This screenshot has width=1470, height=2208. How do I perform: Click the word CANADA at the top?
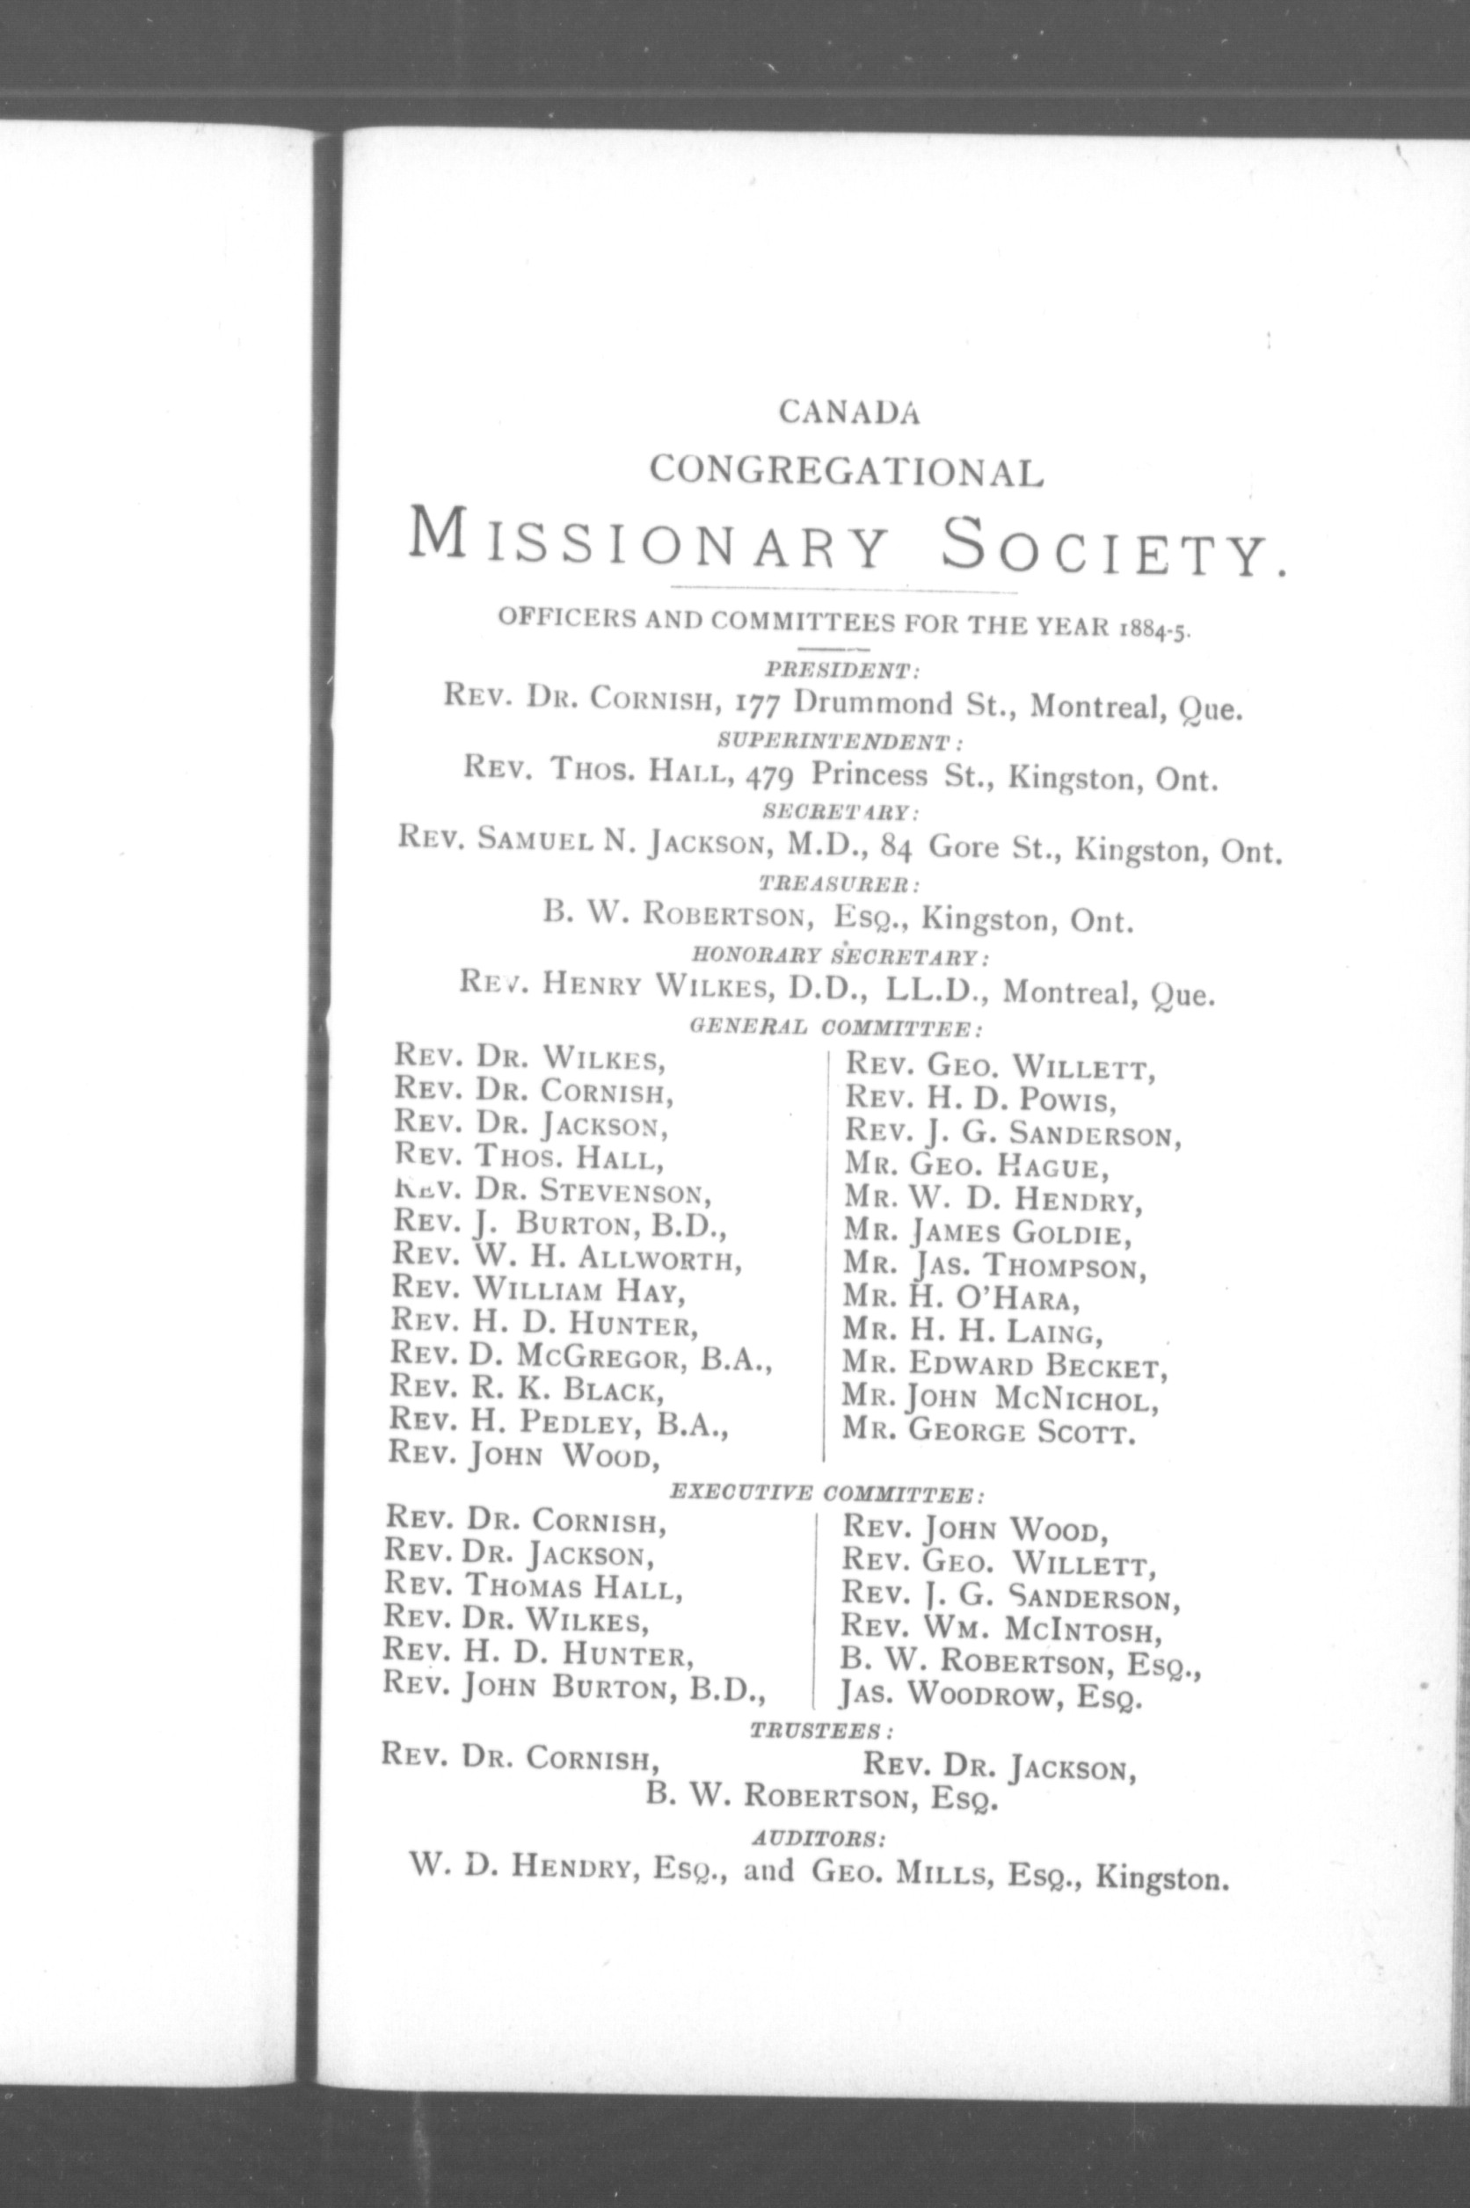848,412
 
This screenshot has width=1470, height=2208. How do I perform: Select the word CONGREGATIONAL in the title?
847,470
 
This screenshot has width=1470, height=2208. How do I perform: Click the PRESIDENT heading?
842,671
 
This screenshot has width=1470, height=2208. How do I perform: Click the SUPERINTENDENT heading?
839,742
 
